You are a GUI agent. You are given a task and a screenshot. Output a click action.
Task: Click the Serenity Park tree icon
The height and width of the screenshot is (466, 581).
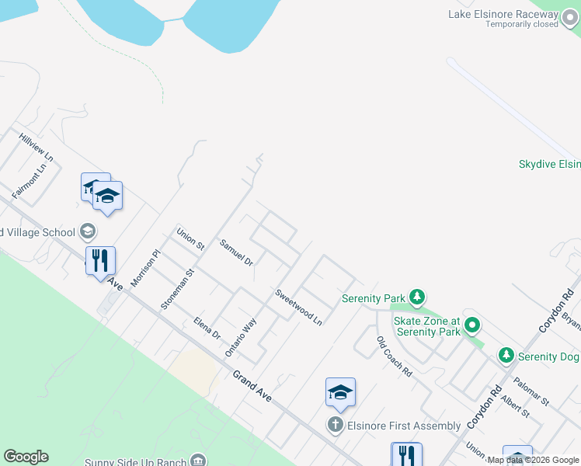[x=418, y=297]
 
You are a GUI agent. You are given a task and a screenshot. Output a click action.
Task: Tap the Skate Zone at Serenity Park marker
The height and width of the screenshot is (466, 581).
[x=471, y=326]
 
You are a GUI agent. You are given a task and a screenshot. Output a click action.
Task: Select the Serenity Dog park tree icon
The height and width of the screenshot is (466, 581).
[x=506, y=356]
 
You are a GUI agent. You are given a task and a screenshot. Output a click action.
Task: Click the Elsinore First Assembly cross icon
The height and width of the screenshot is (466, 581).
[x=335, y=425]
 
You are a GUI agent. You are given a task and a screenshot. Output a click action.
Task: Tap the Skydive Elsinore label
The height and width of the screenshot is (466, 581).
[x=549, y=164]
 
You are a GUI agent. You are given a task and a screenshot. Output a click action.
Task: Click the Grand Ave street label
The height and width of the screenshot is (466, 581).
[x=252, y=385]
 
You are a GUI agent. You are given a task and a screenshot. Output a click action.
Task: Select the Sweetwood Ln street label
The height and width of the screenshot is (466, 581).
[x=298, y=306]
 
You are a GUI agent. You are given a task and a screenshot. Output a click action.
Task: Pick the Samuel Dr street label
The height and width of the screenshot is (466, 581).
[x=236, y=252]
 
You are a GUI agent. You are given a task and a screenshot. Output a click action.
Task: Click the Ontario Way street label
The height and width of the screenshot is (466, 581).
[x=241, y=338]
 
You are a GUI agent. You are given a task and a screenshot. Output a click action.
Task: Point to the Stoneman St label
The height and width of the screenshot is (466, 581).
[x=176, y=286]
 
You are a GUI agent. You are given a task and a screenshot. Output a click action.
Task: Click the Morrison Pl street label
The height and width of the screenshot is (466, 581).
[x=144, y=269]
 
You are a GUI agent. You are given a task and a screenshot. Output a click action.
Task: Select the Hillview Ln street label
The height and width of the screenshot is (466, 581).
[x=37, y=146]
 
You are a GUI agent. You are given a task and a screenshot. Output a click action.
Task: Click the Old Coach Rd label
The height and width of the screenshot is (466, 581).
[x=394, y=356]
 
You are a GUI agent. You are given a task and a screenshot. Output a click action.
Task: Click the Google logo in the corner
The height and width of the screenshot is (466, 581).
[x=26, y=457]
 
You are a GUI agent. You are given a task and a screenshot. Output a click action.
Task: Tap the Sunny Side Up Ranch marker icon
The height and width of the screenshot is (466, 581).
[x=199, y=461]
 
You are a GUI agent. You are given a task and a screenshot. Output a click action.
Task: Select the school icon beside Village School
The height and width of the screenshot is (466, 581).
[x=88, y=231]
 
